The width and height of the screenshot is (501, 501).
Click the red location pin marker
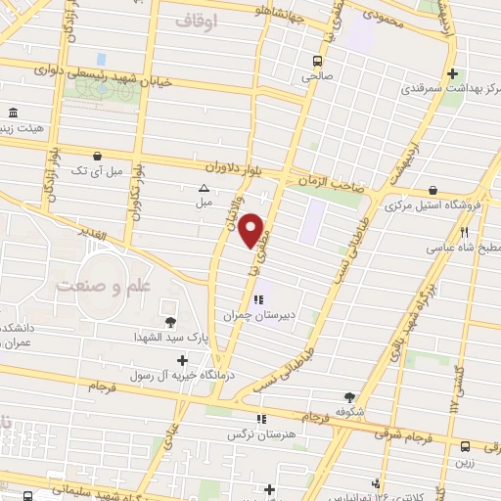click(252, 231)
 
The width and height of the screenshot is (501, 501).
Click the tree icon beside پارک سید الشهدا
click(170, 321)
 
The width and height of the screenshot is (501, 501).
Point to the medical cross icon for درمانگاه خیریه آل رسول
click(182, 360)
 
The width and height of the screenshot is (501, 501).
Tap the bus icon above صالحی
click(317, 58)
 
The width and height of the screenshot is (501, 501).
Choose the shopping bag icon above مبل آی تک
click(96, 156)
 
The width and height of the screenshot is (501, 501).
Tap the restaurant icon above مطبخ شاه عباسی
click(464, 233)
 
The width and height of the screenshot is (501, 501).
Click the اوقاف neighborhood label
click(196, 20)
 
